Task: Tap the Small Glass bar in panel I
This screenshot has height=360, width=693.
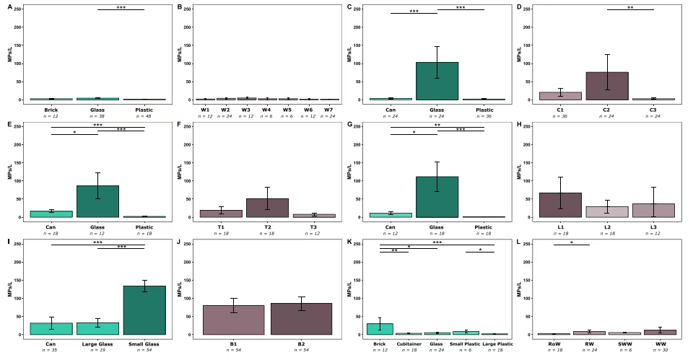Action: pos(144,310)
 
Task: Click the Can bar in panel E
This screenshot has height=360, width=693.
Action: pos(51,214)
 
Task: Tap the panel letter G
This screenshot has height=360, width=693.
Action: pos(349,124)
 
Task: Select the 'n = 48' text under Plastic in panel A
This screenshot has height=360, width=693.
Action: pos(144,116)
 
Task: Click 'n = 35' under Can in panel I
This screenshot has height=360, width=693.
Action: pos(51,351)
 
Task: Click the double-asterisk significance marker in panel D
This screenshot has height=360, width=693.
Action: pos(630,7)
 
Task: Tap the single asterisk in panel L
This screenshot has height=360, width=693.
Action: pos(571,242)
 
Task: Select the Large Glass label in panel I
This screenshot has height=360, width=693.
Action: pos(97,344)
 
